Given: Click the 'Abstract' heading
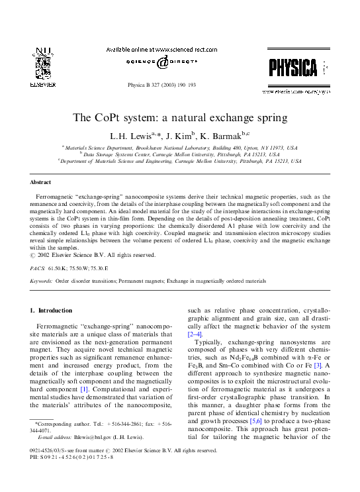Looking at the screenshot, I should click(x=41, y=181).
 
